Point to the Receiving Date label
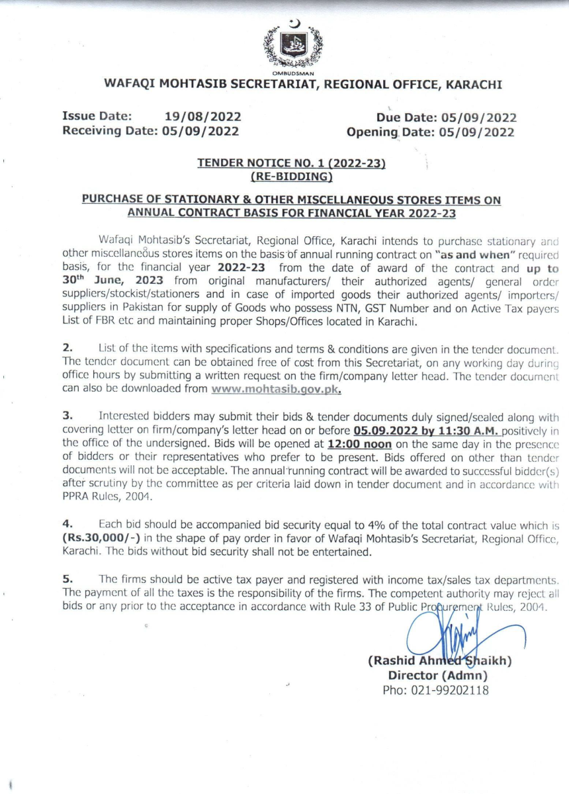tap(110, 132)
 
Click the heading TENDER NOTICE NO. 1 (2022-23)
tap(291, 163)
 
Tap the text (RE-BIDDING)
tap(291, 176)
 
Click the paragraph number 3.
tap(67, 416)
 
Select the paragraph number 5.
tap(67, 578)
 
